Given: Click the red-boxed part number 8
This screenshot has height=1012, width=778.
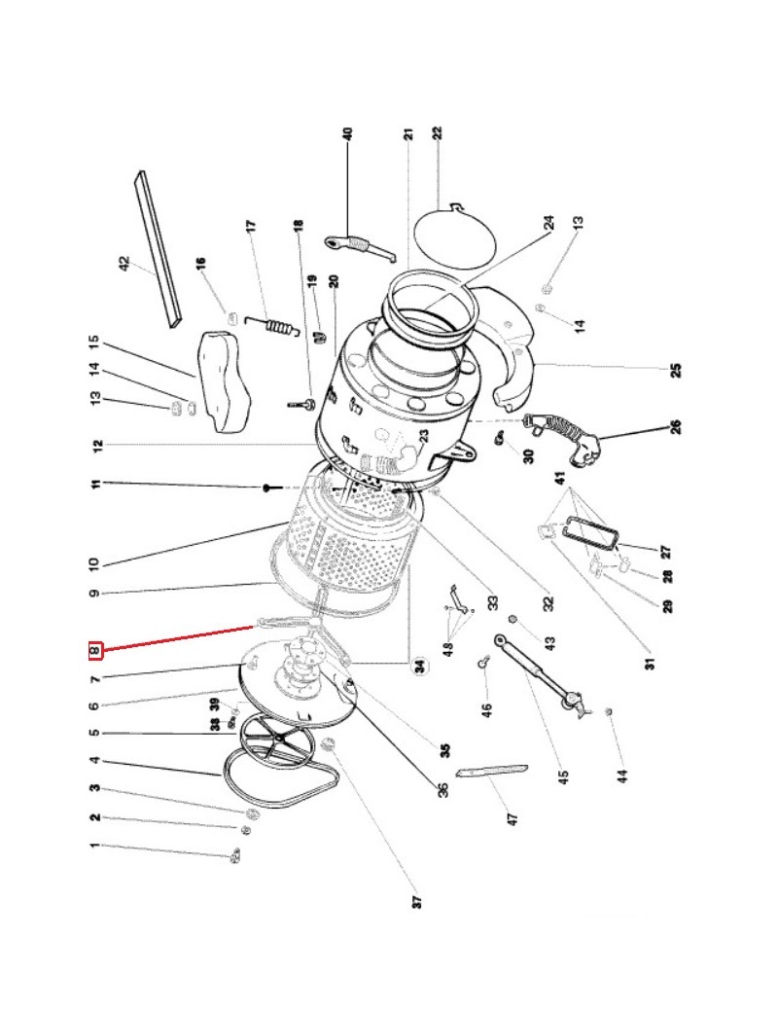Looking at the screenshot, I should point(95,649).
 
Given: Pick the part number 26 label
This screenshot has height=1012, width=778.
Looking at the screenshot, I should point(675,425).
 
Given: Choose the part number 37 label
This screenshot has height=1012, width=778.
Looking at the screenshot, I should point(416,902).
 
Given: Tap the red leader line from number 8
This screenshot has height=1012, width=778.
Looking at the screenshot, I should point(180,636).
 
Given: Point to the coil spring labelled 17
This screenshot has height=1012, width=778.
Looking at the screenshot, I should point(276,327).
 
